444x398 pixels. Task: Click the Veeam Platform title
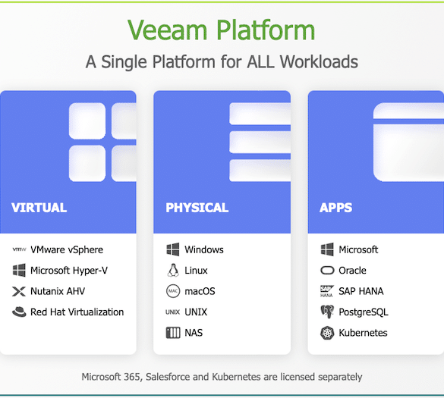[221, 30]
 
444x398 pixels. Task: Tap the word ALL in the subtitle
[260, 61]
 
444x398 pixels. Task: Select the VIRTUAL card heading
[39, 208]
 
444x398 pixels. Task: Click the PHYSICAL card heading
[197, 208]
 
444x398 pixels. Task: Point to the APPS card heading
[335, 208]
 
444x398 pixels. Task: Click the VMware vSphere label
[67, 249]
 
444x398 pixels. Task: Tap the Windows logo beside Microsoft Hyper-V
[19, 270]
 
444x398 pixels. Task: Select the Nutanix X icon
[19, 291]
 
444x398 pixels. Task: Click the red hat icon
[19, 312]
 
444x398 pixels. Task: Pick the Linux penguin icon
[173, 270]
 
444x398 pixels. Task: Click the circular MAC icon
[173, 291]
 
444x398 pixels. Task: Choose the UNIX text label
[196, 312]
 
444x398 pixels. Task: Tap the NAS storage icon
[173, 333]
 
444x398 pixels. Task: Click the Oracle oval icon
[327, 270]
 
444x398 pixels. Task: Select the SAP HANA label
[361, 291]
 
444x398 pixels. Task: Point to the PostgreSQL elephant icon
[327, 312]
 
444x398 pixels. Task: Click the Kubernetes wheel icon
[327, 333]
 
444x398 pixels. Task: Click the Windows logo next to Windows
[173, 249]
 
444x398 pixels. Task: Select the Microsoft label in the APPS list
[358, 249]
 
